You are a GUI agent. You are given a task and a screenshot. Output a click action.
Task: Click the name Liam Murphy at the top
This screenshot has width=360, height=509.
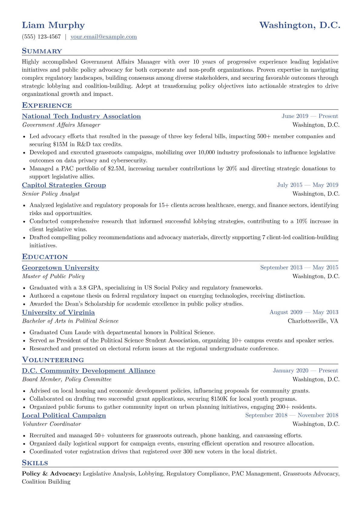coord(53,25)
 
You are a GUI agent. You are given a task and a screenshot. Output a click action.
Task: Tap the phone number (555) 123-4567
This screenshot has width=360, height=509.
coord(41,37)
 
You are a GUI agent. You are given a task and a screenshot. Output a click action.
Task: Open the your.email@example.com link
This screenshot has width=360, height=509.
coord(103,37)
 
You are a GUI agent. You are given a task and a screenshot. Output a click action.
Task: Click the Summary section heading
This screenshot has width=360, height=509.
coord(42,51)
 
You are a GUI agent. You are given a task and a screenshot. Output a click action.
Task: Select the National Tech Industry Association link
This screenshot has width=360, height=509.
coord(81,116)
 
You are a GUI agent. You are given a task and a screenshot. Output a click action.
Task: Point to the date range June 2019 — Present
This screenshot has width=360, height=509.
coord(310,116)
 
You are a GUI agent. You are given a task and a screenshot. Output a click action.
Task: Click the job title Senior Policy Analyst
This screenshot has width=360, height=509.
coord(51,194)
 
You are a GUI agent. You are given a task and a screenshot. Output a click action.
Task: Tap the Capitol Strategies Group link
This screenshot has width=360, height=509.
coord(64,185)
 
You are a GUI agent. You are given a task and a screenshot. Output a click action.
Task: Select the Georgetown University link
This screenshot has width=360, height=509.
coord(61,268)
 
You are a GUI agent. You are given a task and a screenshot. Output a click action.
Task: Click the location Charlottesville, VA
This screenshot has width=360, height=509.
coord(313,321)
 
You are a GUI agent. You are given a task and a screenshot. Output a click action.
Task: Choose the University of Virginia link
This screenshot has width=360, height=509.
coord(58,312)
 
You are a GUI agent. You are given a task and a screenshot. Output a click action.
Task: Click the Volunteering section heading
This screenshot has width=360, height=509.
coord(53,360)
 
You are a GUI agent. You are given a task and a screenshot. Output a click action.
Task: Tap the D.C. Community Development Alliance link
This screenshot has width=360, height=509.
coord(88,371)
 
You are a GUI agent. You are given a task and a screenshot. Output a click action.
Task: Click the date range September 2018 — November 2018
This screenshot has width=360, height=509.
coord(292,415)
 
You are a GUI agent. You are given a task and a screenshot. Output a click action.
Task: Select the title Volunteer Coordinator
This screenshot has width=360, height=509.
coord(51,424)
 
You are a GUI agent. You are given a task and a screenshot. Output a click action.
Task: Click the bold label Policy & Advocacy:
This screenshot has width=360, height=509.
coord(51,474)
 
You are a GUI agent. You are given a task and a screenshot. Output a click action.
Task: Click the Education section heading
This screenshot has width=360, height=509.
coord(45,257)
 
